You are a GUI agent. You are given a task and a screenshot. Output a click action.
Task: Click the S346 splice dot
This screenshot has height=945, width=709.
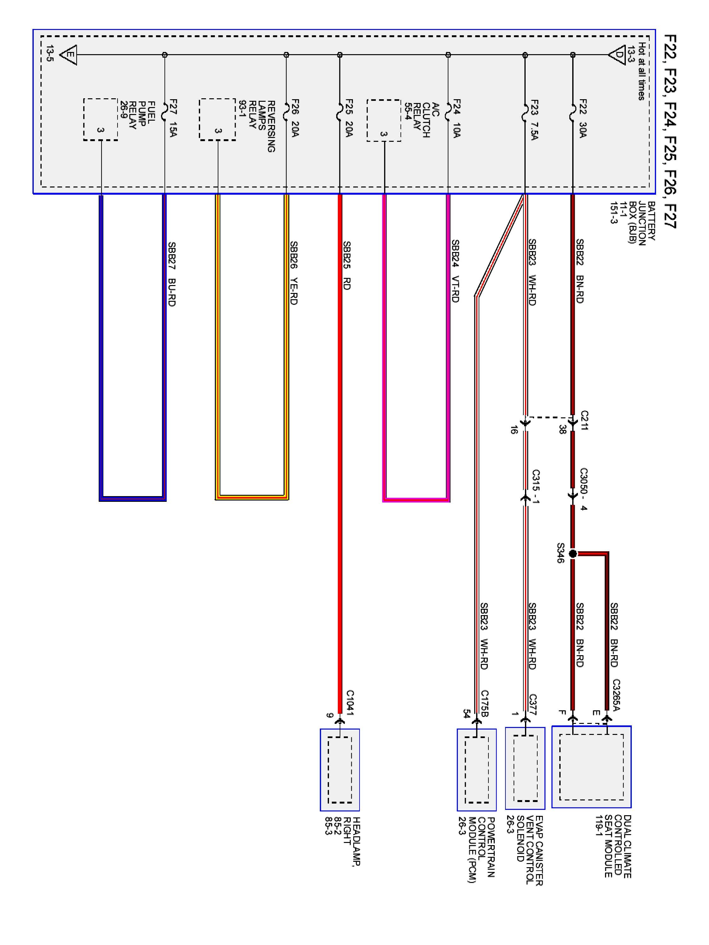(573, 554)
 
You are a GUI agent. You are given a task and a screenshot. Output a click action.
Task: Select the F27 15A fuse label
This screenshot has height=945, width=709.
(173, 118)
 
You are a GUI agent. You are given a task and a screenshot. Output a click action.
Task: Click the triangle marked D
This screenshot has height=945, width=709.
(617, 55)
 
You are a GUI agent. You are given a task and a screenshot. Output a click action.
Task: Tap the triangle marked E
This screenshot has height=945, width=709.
(68, 55)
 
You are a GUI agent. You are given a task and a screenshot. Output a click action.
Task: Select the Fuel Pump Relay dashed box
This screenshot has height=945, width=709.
(101, 120)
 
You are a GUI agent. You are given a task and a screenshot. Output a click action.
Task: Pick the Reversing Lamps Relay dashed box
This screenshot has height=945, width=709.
(217, 120)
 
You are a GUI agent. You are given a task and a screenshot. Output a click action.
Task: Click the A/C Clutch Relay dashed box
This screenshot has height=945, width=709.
(384, 120)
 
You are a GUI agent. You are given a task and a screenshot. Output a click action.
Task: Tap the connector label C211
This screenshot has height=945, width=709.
(584, 421)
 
